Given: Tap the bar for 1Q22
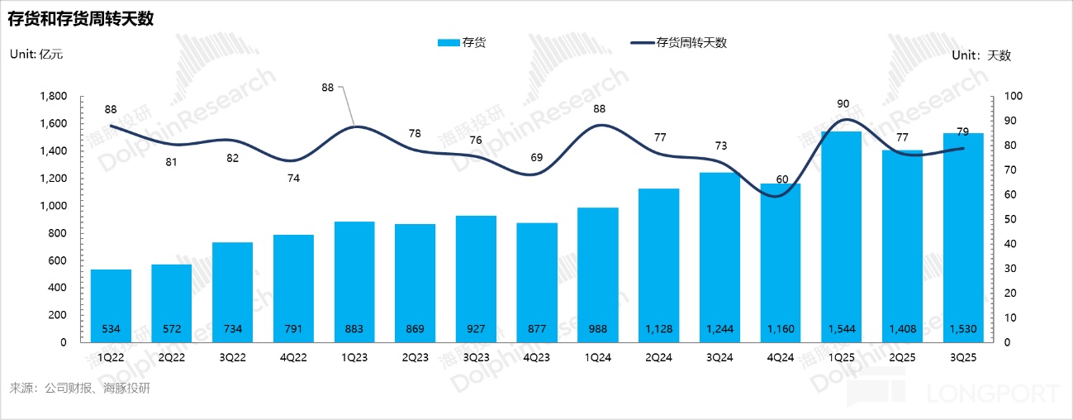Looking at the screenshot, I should [x=111, y=305].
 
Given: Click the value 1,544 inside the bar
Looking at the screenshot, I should [x=842, y=329].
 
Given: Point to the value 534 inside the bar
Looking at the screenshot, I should [x=111, y=329].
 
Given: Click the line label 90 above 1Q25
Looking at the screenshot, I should [x=843, y=104].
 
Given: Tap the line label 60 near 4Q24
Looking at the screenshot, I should [x=781, y=179].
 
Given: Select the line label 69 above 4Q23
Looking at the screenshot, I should [x=538, y=157].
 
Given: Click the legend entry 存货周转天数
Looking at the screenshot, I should [x=691, y=43].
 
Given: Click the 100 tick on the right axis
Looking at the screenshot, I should [x=1012, y=97].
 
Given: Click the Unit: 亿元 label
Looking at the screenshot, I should [x=36, y=55].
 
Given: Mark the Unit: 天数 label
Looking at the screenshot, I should [x=981, y=55].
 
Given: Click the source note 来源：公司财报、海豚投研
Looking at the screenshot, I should [x=80, y=388].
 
